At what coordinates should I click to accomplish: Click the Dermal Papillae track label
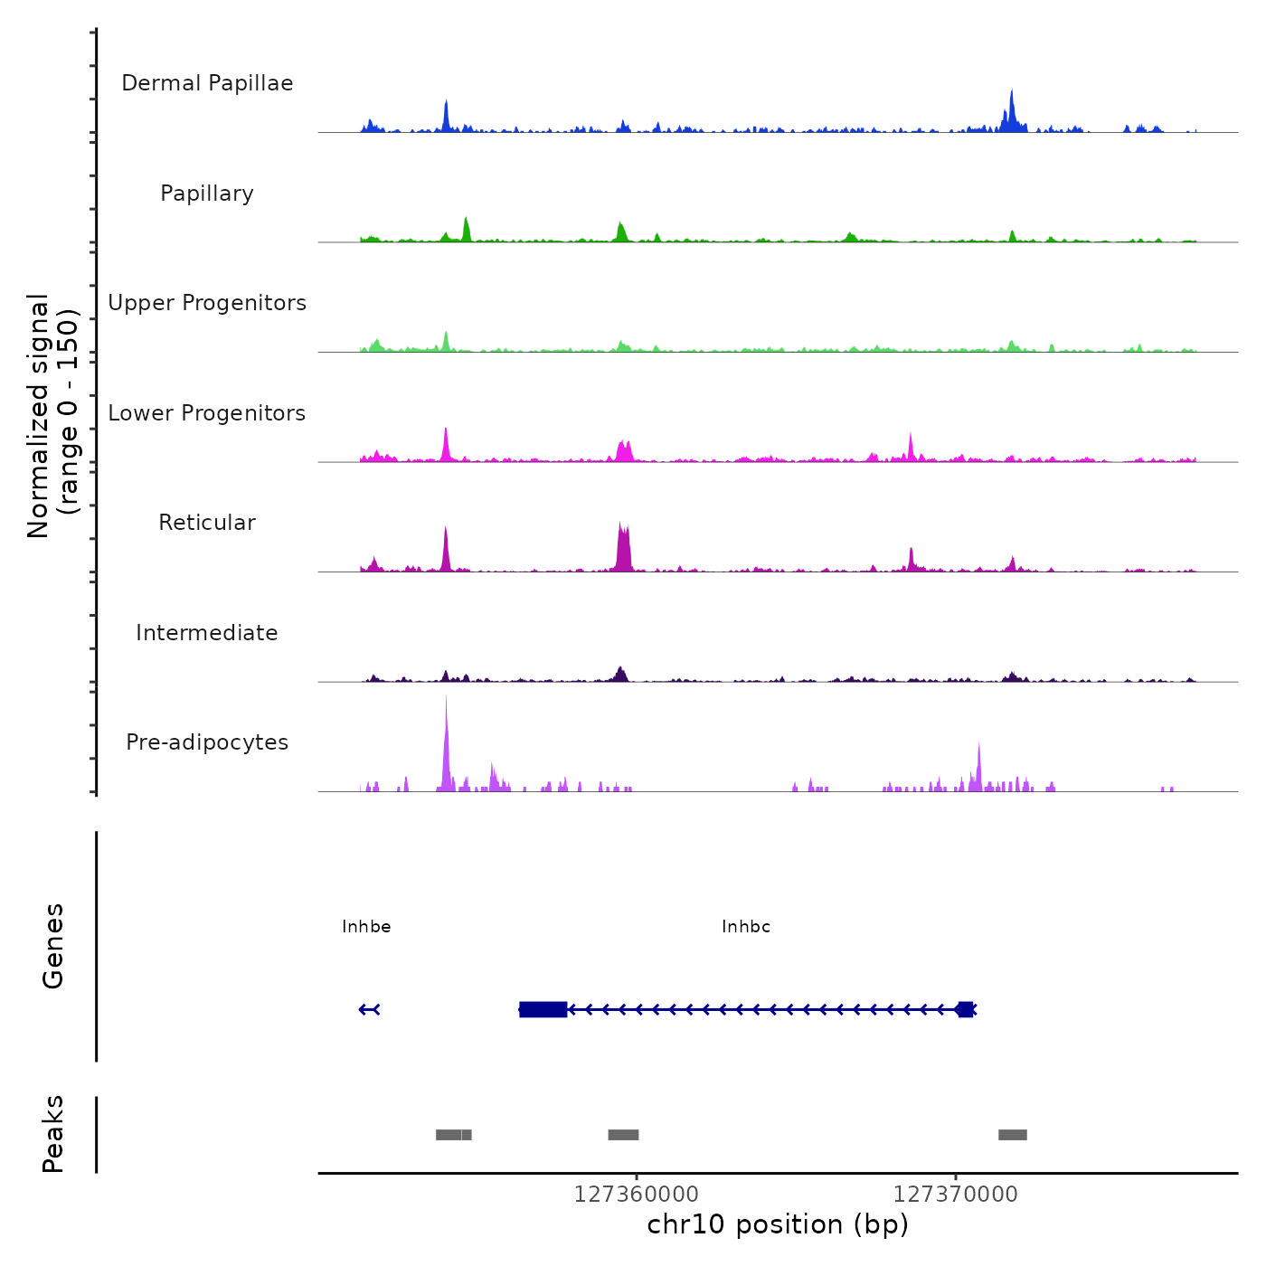[x=207, y=83]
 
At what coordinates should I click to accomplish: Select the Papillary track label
[x=207, y=194]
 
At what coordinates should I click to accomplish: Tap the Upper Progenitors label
[x=207, y=303]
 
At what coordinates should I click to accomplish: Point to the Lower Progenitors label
[x=207, y=413]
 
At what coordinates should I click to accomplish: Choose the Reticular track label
[x=207, y=523]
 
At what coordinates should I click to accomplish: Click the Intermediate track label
[x=207, y=633]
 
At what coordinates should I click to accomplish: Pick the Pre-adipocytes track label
[x=207, y=742]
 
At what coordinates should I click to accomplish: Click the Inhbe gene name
[x=366, y=927]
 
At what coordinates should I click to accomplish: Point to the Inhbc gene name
[x=746, y=927]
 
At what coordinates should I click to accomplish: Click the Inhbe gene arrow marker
[x=369, y=1009]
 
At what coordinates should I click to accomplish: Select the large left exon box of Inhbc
[x=543, y=1009]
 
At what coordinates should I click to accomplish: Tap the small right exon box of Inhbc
[x=965, y=1009]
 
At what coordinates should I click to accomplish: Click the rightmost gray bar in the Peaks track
[x=1012, y=1135]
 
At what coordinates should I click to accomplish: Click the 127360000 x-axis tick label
[x=636, y=1195]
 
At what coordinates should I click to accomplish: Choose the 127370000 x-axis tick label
[x=955, y=1195]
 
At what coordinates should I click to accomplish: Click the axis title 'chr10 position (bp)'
[x=778, y=1224]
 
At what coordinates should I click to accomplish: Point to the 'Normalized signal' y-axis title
[x=39, y=416]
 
